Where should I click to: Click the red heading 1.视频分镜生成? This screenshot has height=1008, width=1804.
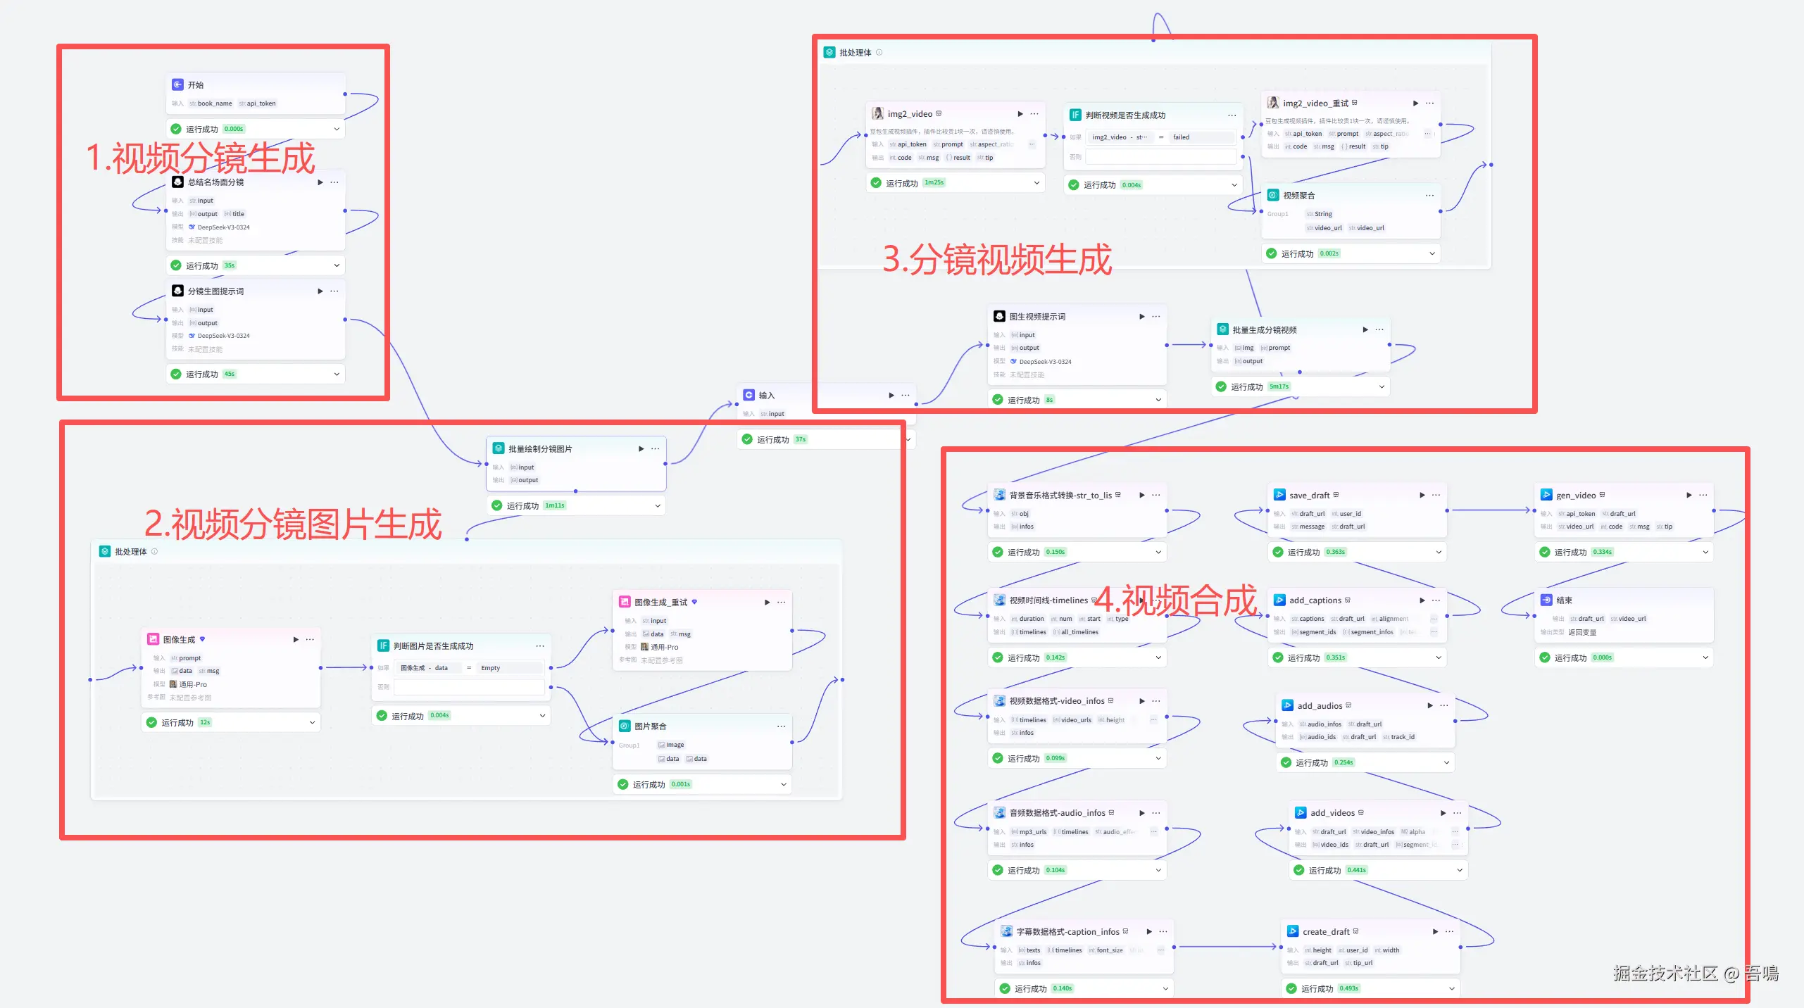click(x=200, y=158)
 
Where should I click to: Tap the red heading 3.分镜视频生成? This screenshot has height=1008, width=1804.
click(x=997, y=260)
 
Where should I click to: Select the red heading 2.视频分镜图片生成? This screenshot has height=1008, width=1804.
click(x=293, y=524)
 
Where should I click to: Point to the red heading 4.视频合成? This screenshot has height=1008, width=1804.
click(x=1175, y=601)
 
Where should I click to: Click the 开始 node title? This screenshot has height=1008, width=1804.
click(x=196, y=85)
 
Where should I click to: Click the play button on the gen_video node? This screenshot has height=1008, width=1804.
click(x=1689, y=495)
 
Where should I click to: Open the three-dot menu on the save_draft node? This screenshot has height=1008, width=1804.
click(x=1436, y=495)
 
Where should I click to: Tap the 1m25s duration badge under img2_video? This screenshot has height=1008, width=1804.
click(x=934, y=183)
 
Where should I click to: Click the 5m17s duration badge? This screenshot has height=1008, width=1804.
click(x=1279, y=386)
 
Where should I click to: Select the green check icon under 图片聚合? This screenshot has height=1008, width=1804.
click(x=623, y=784)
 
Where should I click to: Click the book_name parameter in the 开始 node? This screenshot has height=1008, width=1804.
click(x=214, y=103)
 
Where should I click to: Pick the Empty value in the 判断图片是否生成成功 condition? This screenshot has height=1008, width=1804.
click(x=491, y=668)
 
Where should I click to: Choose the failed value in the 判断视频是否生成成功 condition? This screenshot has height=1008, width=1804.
click(x=1181, y=137)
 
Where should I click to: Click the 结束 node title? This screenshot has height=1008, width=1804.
click(x=1564, y=600)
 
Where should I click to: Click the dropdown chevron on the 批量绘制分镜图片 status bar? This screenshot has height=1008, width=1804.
click(x=658, y=505)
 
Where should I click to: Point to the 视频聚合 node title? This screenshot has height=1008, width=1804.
click(x=1298, y=196)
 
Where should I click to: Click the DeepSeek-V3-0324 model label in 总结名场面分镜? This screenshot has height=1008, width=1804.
click(x=223, y=227)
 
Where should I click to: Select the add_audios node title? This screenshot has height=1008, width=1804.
click(x=1320, y=705)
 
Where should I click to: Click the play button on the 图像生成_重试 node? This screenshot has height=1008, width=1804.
click(x=768, y=603)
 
